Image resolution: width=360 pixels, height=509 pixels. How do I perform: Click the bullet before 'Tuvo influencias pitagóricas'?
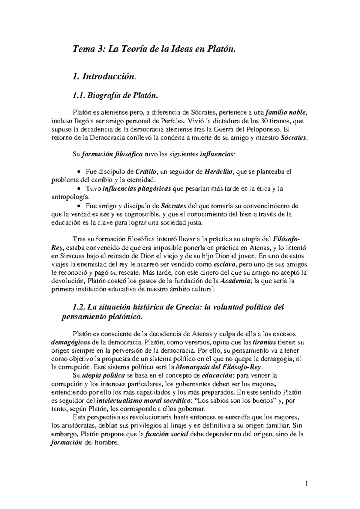coord(79,189)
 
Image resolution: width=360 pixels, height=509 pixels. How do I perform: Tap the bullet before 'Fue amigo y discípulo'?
coord(79,206)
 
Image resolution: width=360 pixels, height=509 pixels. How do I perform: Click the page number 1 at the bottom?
coord(307,484)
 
